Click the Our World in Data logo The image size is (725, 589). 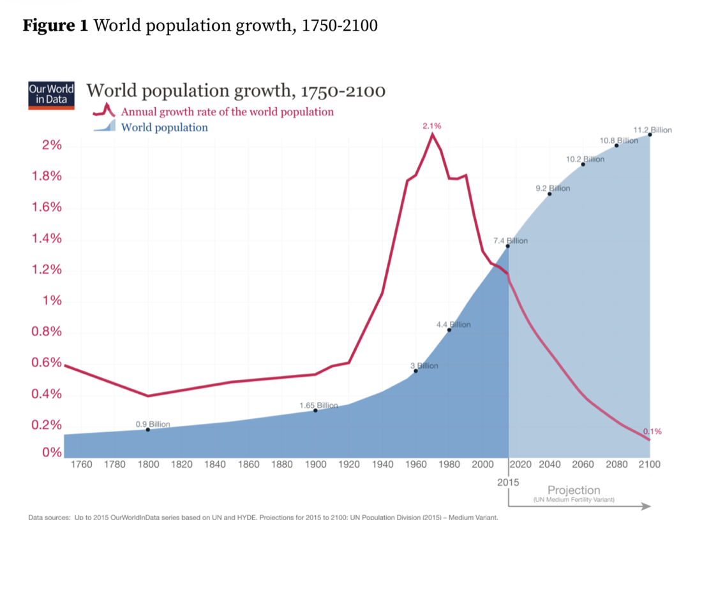pos(51,96)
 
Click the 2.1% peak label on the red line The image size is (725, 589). pos(432,127)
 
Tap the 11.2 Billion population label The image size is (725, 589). pos(652,130)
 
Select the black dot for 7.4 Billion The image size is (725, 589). pos(508,246)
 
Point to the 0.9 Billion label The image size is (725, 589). pos(153,424)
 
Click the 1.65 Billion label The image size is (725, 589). pos(318,405)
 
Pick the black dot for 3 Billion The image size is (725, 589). pos(416,370)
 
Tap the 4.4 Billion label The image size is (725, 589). pos(453,324)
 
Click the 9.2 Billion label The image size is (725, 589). pos(553,189)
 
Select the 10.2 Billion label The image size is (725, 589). pos(585,158)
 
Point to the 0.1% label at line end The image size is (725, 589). pos(652,432)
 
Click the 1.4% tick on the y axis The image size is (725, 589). pos(47,239)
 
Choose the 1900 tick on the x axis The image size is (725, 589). pos(315,465)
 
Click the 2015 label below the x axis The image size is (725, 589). pos(508,483)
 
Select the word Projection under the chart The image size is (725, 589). pos(574,490)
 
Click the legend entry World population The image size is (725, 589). pos(164,127)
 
